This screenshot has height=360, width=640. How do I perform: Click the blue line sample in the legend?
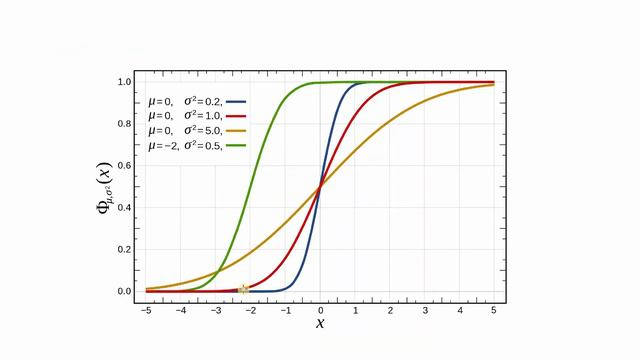237,102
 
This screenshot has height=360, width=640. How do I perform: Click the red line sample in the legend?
237,116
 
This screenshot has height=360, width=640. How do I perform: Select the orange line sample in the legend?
237,131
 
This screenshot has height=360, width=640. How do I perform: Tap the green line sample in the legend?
237,146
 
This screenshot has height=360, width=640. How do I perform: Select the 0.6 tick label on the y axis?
125,166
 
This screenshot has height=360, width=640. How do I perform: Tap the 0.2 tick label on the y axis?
125,250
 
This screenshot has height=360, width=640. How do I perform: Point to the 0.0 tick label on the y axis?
125,292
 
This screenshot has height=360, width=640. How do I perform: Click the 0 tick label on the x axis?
321,310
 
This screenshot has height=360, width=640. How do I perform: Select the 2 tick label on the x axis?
390,310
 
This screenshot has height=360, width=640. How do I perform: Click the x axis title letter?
320,323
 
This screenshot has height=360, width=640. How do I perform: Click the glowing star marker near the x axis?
243,290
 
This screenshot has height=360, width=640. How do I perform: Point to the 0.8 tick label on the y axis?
125,124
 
